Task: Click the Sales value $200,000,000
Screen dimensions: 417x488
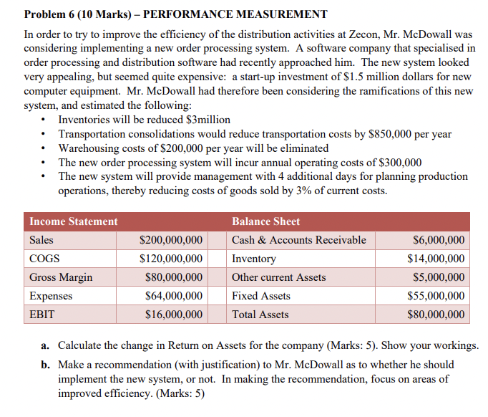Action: click(170, 240)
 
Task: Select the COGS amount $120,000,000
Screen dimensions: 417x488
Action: click(170, 259)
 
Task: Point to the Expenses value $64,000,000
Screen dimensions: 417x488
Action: click(173, 296)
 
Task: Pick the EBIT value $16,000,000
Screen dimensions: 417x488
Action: click(173, 315)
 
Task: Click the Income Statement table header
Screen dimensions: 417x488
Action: click(74, 221)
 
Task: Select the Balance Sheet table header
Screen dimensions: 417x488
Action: click(265, 221)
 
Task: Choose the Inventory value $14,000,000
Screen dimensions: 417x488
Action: click(435, 259)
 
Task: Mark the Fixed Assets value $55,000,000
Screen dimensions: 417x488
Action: click(435, 296)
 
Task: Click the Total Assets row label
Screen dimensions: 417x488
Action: click(260, 315)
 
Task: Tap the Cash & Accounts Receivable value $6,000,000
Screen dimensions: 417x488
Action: click(439, 240)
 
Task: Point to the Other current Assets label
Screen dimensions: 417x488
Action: click(278, 277)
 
